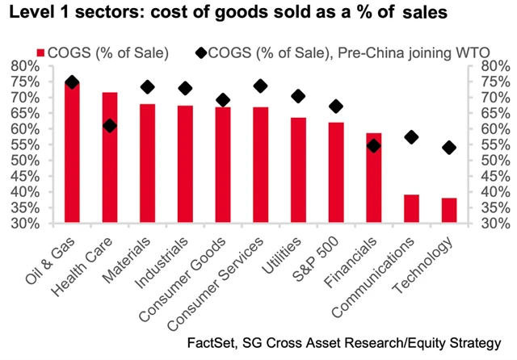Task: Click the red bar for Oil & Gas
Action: point(72,153)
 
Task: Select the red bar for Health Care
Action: point(110,157)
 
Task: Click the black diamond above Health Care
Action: point(110,126)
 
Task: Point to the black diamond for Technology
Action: point(449,147)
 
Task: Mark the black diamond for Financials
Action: point(373,145)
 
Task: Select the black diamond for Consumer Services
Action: point(260,86)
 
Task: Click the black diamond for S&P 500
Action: point(336,107)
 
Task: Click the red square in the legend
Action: point(63,53)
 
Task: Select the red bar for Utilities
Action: point(298,170)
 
